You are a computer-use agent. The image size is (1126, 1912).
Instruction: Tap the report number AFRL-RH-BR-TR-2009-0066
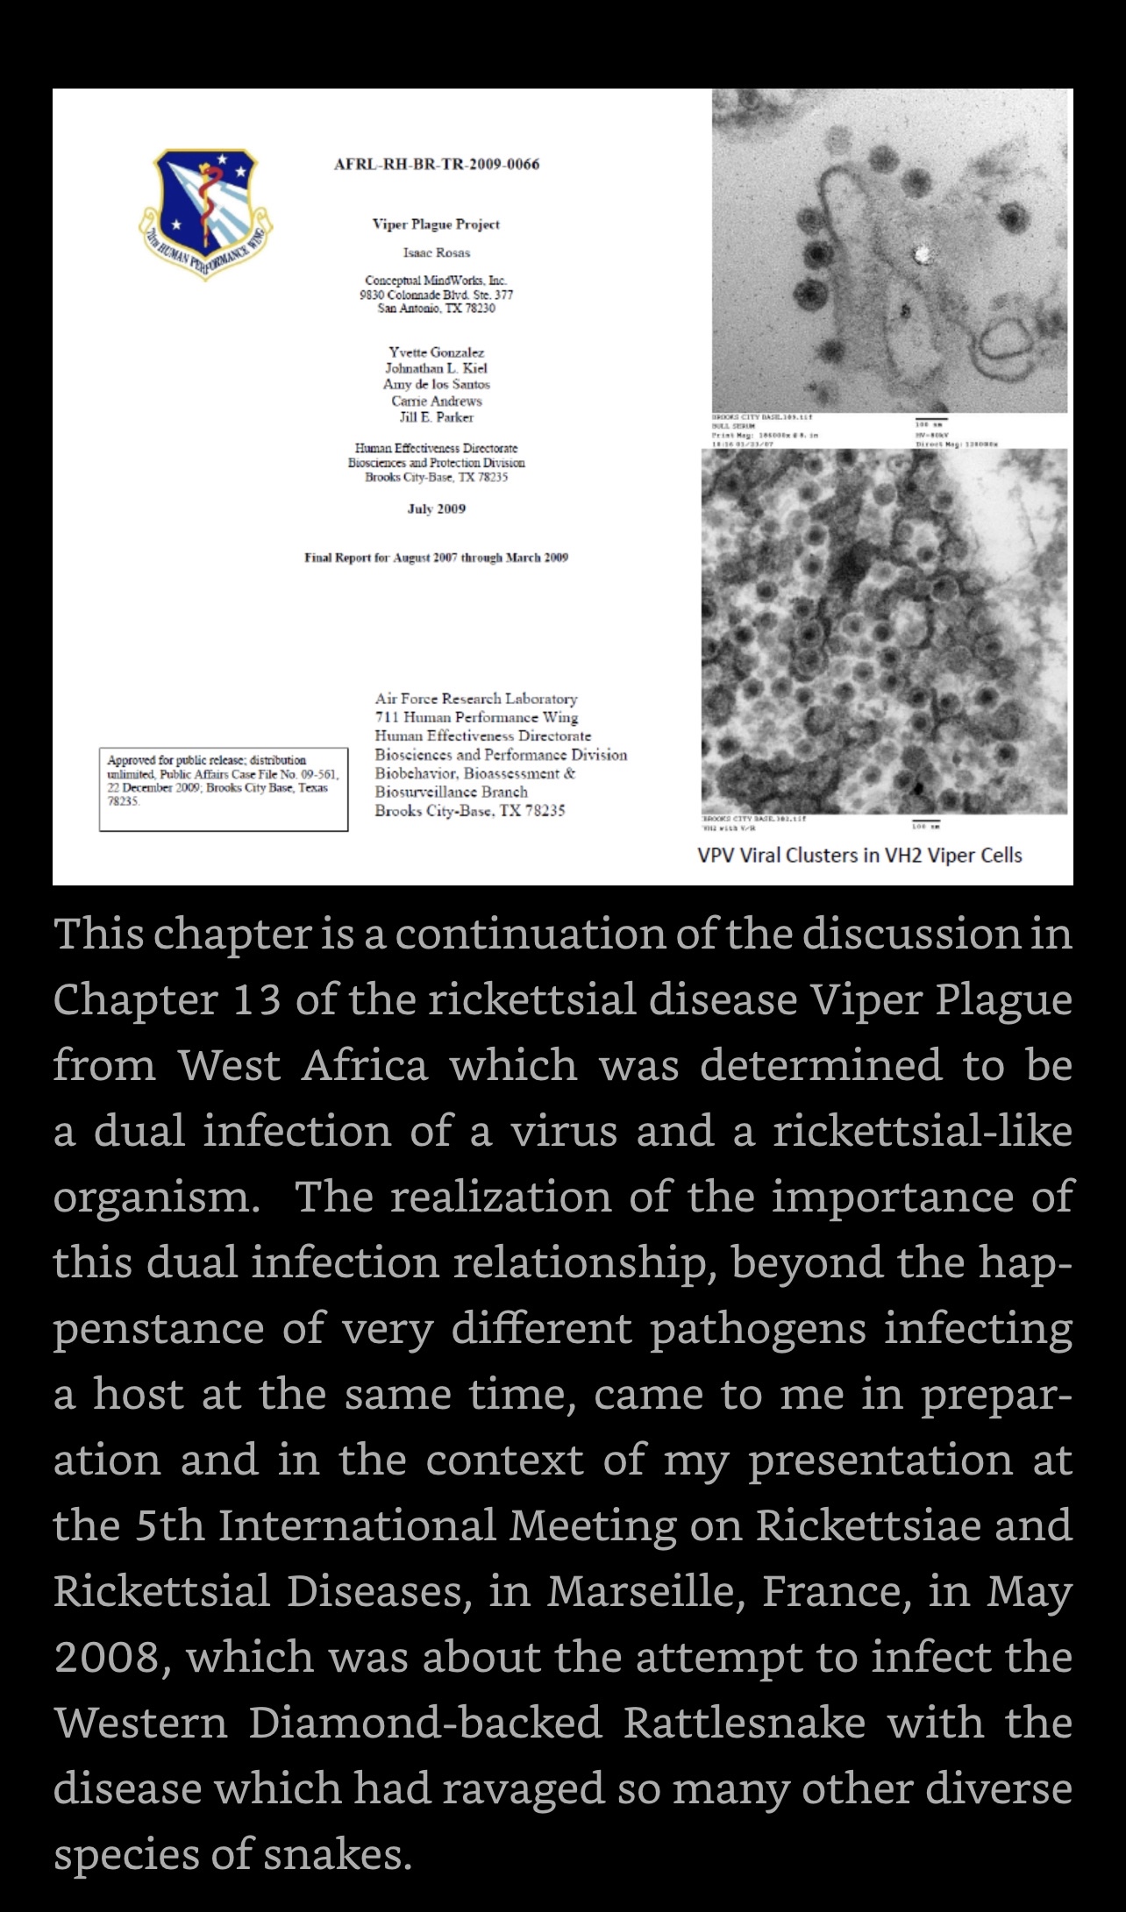click(x=437, y=164)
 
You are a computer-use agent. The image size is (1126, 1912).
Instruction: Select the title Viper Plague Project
click(x=436, y=224)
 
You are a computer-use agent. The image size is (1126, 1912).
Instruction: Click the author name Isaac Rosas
click(x=436, y=252)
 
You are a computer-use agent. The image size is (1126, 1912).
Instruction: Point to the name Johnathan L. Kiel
click(x=436, y=368)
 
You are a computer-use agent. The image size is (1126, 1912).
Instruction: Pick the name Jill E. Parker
click(x=436, y=417)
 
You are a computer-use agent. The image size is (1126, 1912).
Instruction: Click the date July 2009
click(x=436, y=508)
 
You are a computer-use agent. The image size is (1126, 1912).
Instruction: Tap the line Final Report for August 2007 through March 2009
click(x=436, y=558)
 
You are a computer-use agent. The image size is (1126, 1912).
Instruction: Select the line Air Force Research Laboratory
click(x=476, y=699)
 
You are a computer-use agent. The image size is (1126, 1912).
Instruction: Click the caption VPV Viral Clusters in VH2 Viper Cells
click(x=859, y=855)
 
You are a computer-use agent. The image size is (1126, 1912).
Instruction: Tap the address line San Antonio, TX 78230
click(x=436, y=309)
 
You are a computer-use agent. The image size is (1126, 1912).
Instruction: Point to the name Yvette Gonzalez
click(x=436, y=352)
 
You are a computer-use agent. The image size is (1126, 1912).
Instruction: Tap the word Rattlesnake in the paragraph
click(x=745, y=1723)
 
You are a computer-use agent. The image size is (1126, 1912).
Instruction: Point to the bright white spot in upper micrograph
click(x=922, y=254)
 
